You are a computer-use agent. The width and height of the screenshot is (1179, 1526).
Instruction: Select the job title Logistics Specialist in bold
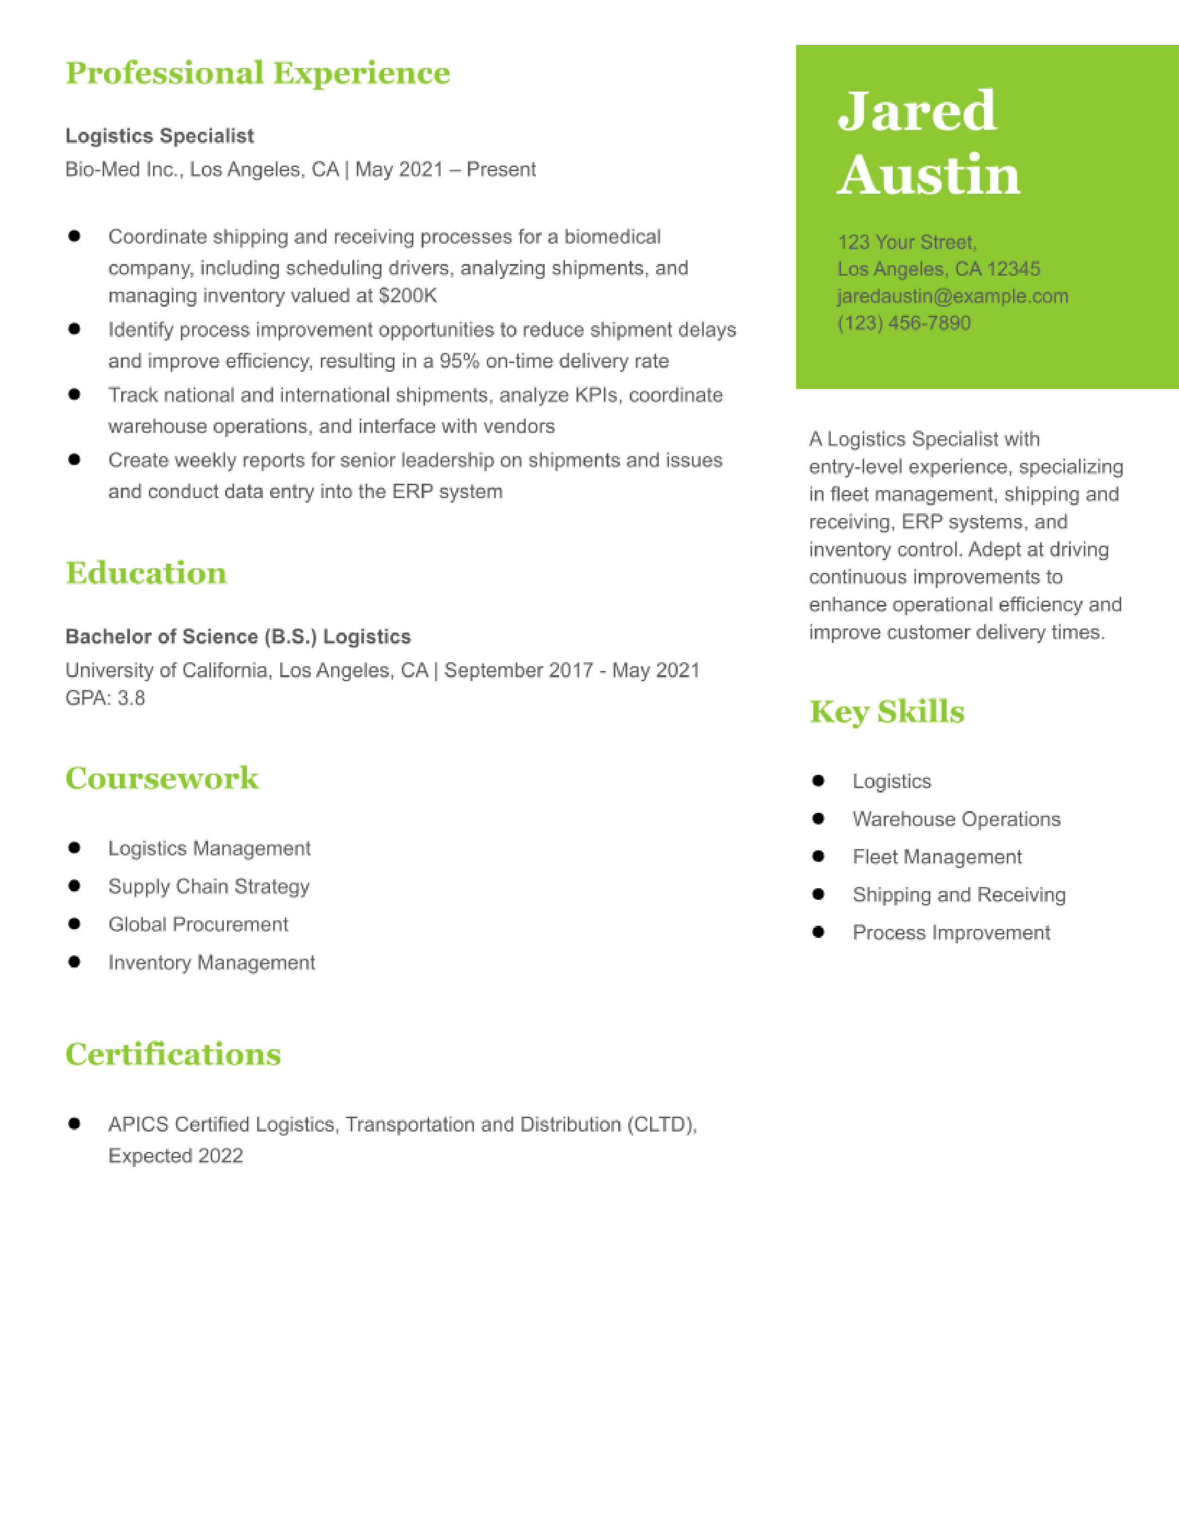point(159,135)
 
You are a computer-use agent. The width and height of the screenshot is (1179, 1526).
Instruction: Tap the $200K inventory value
point(407,295)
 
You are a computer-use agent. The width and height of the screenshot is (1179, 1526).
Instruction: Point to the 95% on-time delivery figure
point(459,361)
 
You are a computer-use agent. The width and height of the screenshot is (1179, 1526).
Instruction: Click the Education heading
point(146,573)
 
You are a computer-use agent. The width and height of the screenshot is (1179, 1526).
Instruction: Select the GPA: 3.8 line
point(105,698)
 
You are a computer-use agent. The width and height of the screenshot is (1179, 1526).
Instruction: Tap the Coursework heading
point(161,778)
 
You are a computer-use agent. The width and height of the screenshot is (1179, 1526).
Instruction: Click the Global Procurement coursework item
point(198,924)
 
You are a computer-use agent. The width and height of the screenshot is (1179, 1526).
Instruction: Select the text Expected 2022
point(175,1156)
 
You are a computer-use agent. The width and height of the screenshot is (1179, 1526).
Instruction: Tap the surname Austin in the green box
point(928,175)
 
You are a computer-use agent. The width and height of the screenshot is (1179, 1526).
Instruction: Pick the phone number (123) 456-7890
point(904,323)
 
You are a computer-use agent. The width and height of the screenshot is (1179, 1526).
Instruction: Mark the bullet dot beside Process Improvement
point(818,932)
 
